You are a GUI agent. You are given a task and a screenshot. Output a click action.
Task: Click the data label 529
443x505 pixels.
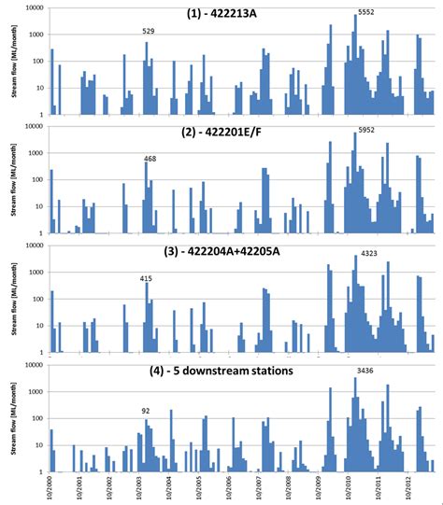149,32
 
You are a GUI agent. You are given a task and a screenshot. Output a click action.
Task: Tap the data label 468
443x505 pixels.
150,160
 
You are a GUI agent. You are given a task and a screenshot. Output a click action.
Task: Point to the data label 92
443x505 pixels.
146,410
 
